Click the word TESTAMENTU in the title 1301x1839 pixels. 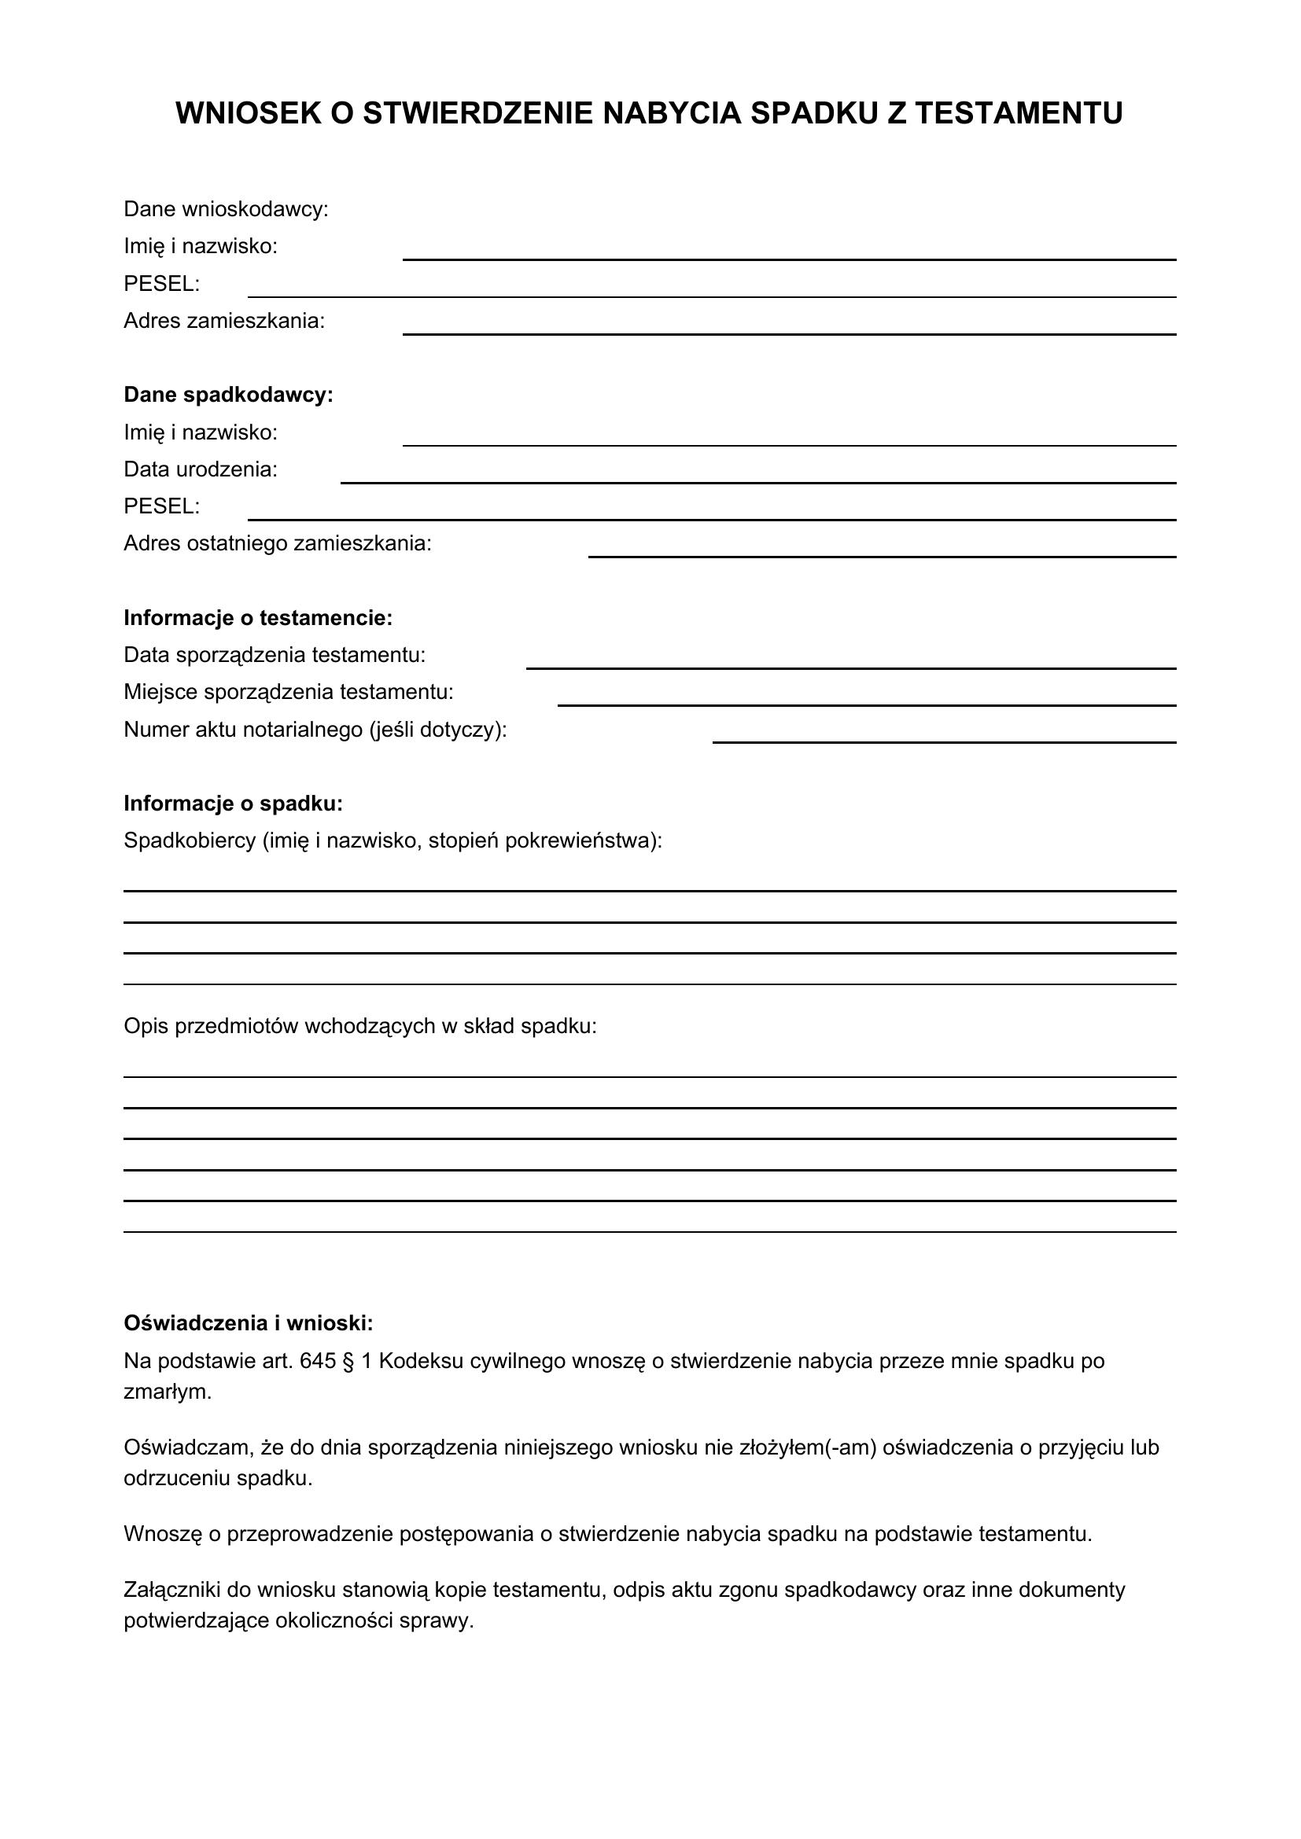1018,114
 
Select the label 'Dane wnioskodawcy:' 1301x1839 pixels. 226,210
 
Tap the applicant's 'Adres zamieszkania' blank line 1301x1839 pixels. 788,333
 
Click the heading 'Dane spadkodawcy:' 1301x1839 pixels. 228,395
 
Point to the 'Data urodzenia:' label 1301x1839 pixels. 201,469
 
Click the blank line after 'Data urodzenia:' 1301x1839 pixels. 757,481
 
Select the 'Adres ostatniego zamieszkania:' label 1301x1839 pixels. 277,544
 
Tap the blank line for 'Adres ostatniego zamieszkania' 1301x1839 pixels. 881,555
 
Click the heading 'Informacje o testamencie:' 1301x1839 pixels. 258,618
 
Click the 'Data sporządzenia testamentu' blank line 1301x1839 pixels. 851,667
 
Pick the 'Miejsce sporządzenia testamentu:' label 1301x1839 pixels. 289,692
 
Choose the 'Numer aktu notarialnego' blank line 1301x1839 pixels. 944,741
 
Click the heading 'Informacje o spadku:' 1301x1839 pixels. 233,804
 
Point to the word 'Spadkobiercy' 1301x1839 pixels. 189,841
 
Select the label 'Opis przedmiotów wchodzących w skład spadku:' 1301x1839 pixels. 359,1027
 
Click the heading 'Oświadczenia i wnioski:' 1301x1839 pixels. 249,1323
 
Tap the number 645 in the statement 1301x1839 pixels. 317,1361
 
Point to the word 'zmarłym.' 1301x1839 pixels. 168,1392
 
